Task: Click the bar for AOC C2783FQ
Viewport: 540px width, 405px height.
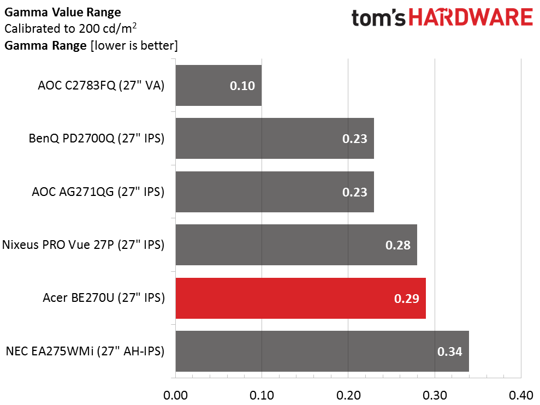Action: pyautogui.click(x=218, y=86)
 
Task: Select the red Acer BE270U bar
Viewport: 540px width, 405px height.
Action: pyautogui.click(x=300, y=299)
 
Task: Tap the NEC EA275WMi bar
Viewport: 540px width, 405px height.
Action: pyautogui.click(x=322, y=351)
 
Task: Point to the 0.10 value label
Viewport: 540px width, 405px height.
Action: pyautogui.click(x=242, y=86)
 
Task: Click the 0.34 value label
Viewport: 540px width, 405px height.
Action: pyautogui.click(x=449, y=352)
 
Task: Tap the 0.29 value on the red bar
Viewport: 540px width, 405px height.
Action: pyautogui.click(x=406, y=299)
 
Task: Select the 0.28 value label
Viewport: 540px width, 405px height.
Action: pyautogui.click(x=397, y=245)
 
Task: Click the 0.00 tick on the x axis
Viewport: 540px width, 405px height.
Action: pyautogui.click(x=175, y=395)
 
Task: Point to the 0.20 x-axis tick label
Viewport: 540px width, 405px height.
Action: pyautogui.click(x=348, y=395)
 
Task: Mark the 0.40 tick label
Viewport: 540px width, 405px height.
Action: pyautogui.click(x=521, y=395)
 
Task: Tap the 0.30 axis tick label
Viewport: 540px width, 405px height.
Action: pyautogui.click(x=435, y=395)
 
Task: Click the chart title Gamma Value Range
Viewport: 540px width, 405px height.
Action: pyautogui.click(x=63, y=11)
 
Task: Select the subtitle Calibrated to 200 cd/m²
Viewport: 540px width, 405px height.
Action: pyautogui.click(x=70, y=28)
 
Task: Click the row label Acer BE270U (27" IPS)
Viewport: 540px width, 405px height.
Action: pyautogui.click(x=103, y=298)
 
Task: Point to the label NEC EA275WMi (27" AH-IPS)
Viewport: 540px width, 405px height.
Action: pyautogui.click(x=85, y=352)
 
